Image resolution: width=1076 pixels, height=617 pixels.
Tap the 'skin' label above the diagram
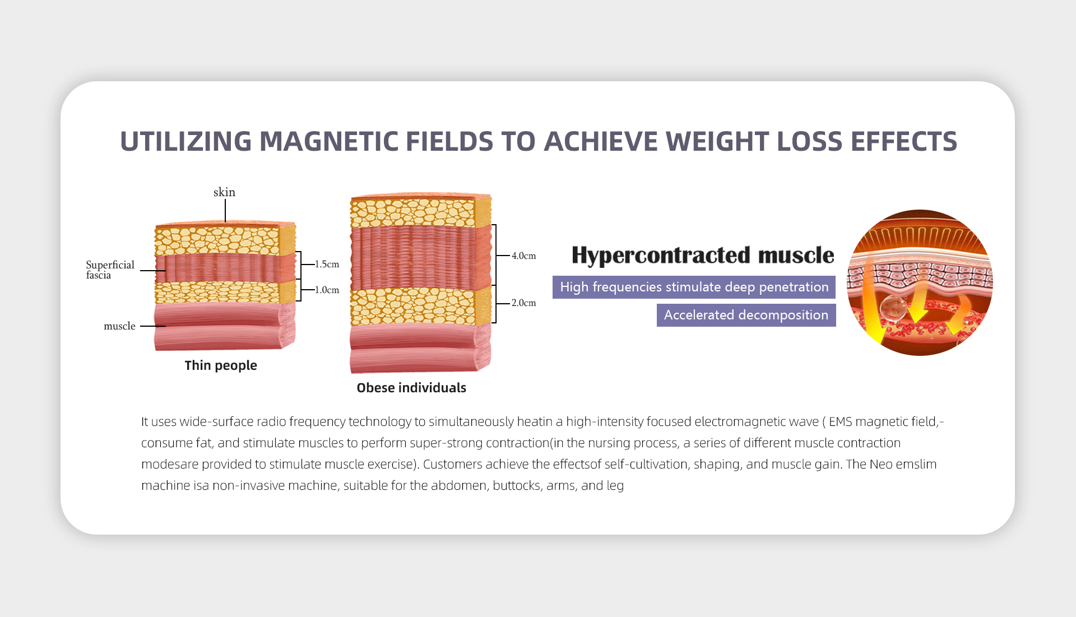coord(224,192)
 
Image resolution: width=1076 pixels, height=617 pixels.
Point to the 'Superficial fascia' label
coord(110,270)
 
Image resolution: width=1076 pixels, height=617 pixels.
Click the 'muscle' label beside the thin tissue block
coord(119,326)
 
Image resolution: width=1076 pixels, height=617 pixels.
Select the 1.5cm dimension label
coord(327,264)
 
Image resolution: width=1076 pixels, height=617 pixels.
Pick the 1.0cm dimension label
coord(327,290)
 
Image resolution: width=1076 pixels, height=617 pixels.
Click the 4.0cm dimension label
coord(523,256)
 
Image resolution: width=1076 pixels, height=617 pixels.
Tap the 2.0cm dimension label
coord(523,303)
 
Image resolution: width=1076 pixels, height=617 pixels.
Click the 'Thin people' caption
coord(221,365)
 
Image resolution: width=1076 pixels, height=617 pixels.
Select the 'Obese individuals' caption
coord(411,388)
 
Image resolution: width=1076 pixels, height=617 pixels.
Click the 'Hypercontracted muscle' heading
coord(703,255)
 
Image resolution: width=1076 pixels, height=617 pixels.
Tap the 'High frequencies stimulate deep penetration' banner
coord(694,287)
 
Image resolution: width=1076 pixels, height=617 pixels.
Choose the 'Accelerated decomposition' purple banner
coord(746,315)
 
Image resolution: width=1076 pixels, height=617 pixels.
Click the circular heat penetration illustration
coord(920,282)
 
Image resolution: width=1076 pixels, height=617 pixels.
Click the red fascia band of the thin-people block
coord(225,268)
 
